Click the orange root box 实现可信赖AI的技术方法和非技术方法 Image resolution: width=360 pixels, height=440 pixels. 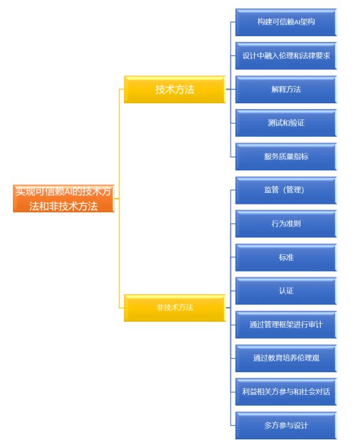click(x=64, y=199)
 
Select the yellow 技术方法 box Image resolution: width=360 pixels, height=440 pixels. click(x=174, y=90)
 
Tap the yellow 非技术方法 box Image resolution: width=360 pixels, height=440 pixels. click(x=174, y=307)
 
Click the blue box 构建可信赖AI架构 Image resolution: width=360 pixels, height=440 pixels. click(x=285, y=22)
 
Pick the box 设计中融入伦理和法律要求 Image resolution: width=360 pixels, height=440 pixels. click(x=285, y=55)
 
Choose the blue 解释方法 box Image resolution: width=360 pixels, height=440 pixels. click(x=285, y=89)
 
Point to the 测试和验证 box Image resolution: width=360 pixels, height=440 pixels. click(x=285, y=123)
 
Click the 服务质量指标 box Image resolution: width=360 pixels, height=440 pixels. click(x=285, y=156)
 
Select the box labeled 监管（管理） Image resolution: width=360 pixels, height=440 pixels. click(x=285, y=190)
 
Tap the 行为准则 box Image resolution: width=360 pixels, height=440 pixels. click(x=285, y=223)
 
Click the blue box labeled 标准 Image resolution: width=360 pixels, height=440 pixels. click(x=285, y=257)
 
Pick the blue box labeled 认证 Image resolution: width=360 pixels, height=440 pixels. click(x=285, y=290)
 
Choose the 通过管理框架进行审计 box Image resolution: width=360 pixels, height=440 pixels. click(x=285, y=324)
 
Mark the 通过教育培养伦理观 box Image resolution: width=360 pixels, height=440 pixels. click(x=285, y=357)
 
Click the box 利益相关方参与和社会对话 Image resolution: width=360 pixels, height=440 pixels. click(x=285, y=391)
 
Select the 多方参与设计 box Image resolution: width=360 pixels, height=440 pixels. click(x=285, y=425)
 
